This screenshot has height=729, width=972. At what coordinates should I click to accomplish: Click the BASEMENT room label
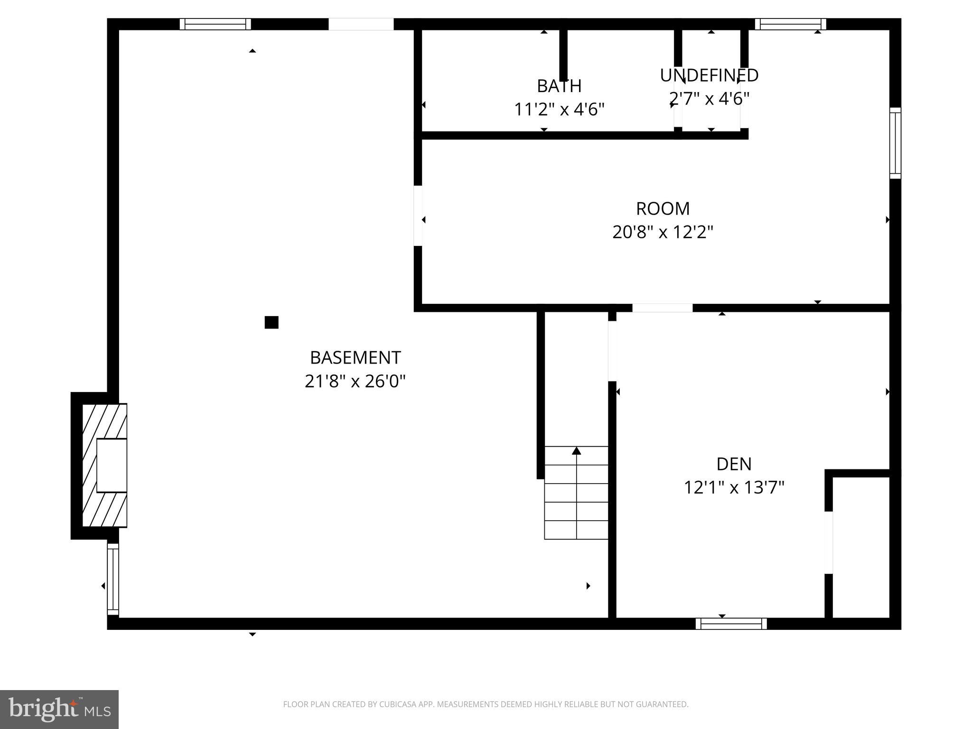[355, 357]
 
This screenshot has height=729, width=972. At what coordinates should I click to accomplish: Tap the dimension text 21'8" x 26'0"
[355, 381]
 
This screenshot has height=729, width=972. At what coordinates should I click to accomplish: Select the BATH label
[559, 86]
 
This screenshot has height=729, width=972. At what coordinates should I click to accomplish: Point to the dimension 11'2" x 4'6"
[559, 110]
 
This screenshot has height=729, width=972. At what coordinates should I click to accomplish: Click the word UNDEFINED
[709, 75]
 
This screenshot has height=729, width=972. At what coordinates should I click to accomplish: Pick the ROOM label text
[663, 209]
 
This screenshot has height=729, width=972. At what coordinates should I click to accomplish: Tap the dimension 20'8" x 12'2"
[663, 233]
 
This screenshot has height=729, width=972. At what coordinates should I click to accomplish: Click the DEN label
[734, 464]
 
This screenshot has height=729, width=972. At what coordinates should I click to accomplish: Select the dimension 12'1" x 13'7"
[734, 488]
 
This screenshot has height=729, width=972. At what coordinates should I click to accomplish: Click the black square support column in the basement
[271, 323]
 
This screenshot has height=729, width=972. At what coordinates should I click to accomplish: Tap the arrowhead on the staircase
[576, 451]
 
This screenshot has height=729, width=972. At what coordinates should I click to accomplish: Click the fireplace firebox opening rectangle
[112, 465]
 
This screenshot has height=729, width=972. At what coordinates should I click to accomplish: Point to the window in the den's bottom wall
[731, 624]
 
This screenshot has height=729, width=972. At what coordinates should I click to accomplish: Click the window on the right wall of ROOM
[895, 143]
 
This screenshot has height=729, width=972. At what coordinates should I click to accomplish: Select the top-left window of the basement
[215, 24]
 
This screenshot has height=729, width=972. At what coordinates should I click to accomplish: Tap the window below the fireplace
[112, 579]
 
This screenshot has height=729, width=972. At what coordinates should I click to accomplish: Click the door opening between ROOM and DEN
[662, 308]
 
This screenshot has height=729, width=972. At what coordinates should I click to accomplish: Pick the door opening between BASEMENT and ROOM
[418, 216]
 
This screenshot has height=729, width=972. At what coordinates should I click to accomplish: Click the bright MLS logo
[59, 709]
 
